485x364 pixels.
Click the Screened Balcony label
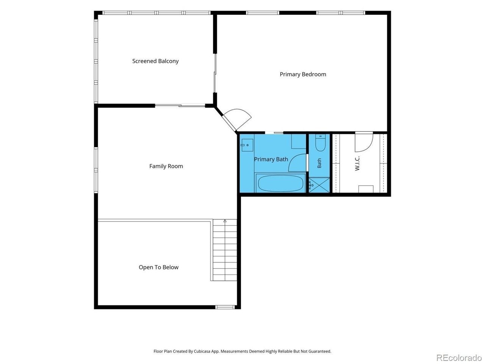(155, 61)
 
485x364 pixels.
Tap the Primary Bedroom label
(303, 74)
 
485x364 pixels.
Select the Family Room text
(166, 166)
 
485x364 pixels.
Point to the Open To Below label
(158, 267)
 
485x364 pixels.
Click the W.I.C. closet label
(357, 163)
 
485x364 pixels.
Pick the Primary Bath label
(271, 159)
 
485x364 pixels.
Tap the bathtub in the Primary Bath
(280, 183)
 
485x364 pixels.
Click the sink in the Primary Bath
(247, 145)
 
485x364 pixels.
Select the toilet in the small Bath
(320, 143)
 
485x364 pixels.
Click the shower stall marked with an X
(319, 185)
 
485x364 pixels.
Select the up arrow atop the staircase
(225, 221)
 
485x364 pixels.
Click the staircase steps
(225, 250)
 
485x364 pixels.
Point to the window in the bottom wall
(225, 307)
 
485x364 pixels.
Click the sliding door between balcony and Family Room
(180, 106)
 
